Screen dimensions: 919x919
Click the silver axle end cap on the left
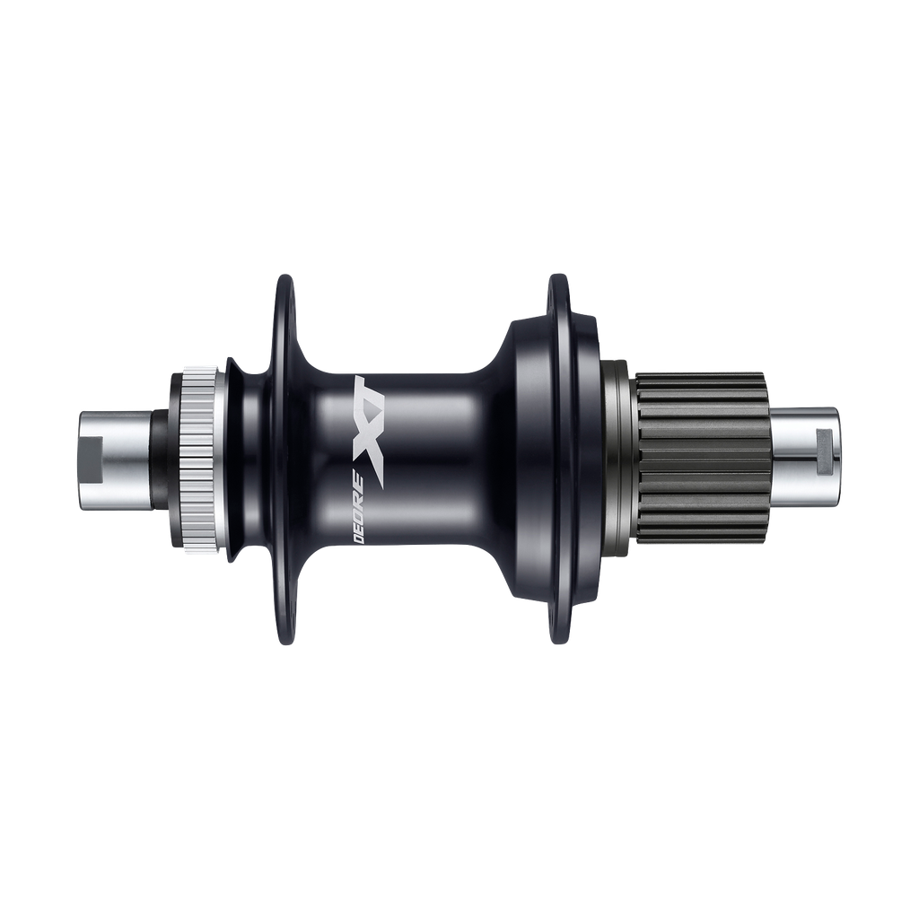tap(114, 460)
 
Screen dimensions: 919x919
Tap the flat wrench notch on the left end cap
tap(93, 460)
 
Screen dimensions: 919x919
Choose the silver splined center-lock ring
tap(196, 459)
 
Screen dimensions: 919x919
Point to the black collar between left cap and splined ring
tap(161, 459)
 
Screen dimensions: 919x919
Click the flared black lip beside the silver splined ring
tap(232, 459)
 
